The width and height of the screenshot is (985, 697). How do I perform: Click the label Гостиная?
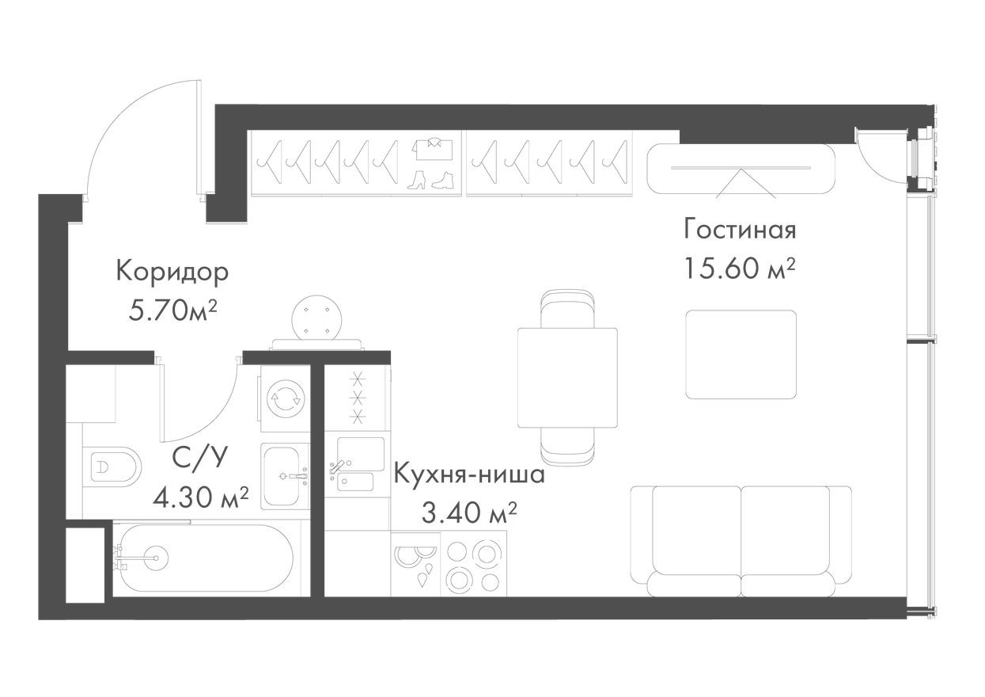pos(740,230)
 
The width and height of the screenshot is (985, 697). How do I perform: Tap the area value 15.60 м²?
pos(740,269)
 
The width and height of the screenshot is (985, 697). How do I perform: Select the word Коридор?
pos(172,272)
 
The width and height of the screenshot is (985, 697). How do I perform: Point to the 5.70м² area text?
pos(173,310)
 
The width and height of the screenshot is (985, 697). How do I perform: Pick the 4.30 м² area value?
pos(202,498)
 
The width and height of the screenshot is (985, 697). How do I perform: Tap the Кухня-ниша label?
pos(469,476)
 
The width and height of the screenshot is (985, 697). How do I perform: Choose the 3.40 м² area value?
pos(469,515)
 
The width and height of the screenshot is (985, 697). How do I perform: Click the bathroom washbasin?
pos(282,475)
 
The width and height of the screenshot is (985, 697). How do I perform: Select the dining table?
pos(566,377)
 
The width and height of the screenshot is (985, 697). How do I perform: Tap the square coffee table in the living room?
pos(741,354)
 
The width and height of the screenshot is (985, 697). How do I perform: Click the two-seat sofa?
pos(741,540)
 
